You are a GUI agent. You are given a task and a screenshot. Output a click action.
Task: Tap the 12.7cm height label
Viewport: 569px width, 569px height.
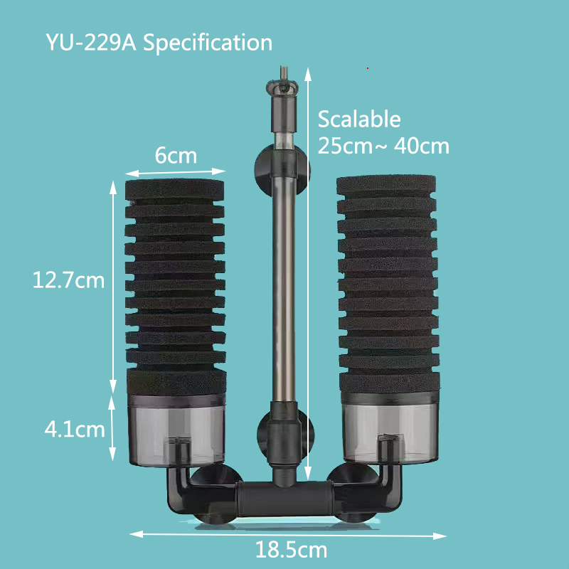pos(69,280)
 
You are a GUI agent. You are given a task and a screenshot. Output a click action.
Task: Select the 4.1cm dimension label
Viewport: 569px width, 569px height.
pos(75,430)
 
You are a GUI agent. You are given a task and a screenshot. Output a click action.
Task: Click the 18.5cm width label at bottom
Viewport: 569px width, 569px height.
pos(292,550)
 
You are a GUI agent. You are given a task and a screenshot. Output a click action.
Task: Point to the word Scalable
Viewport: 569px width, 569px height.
pos(359,119)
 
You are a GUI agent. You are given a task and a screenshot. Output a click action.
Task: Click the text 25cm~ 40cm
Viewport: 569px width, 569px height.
pos(383,146)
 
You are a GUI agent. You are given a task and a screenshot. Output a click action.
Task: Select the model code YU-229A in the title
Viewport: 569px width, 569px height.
pos(91,42)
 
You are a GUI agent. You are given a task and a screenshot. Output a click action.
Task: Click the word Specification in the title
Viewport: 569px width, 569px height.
pos(208,42)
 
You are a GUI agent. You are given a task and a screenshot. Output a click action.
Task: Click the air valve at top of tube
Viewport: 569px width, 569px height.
pos(279,89)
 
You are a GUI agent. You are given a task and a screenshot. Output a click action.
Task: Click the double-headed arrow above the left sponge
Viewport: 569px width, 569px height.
pos(175,171)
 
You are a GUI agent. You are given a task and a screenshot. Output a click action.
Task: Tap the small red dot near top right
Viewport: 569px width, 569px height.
pos(367,68)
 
